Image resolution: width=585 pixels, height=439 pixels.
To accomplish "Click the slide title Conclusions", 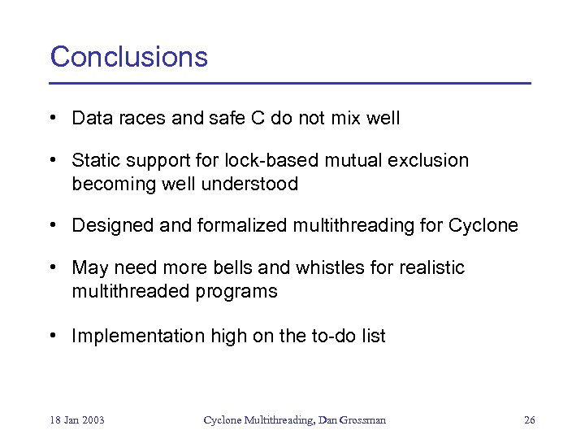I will coord(129,57).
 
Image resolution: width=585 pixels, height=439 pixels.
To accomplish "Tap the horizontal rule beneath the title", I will coord(290,83).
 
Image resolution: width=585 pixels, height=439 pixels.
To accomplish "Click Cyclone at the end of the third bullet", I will coord(483,226).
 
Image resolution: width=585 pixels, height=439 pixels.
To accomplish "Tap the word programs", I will coord(240,292).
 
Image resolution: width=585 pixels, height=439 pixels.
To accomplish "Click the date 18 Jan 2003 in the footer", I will coord(77,420).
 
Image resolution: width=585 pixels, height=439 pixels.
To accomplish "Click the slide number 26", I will coord(530,420).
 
